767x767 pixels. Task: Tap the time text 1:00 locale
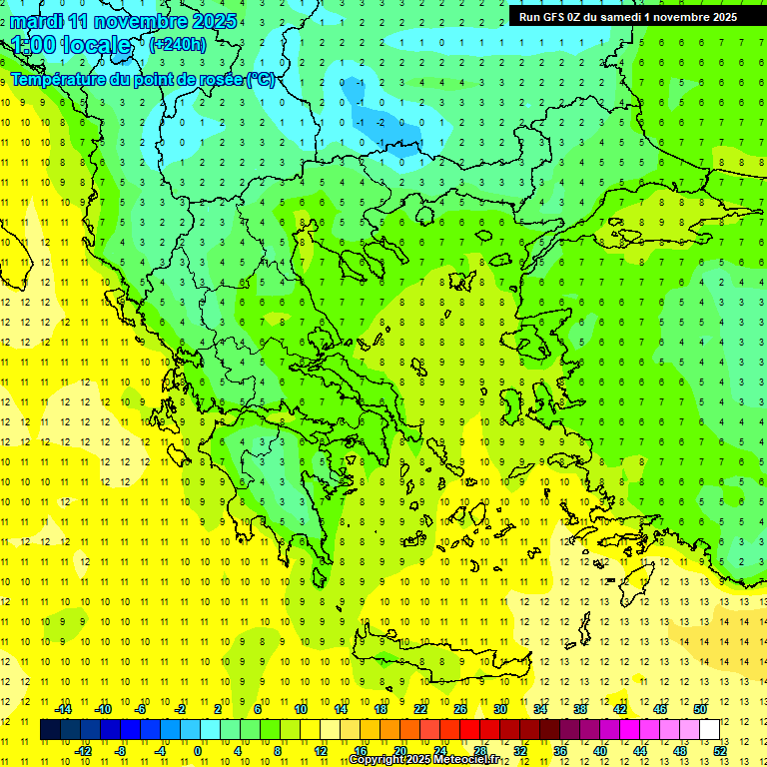71,45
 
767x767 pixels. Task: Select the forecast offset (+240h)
178,44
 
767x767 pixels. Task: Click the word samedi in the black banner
621,17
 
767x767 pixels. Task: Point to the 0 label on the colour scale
197,751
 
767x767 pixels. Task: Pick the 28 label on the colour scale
479,751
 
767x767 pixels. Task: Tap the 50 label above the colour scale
700,708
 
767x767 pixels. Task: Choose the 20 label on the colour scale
398,751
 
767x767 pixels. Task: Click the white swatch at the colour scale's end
709,730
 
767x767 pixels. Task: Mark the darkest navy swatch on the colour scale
50,730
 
